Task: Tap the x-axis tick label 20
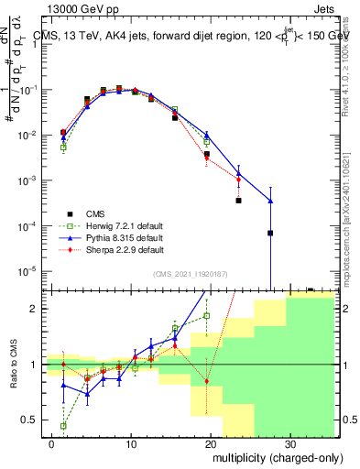(x=210, y=442)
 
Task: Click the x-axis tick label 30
(x=289, y=442)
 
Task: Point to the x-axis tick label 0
(x=52, y=442)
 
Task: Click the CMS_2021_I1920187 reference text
(x=190, y=274)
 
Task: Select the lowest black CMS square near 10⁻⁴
(x=270, y=234)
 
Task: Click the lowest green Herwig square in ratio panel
(x=63, y=426)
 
